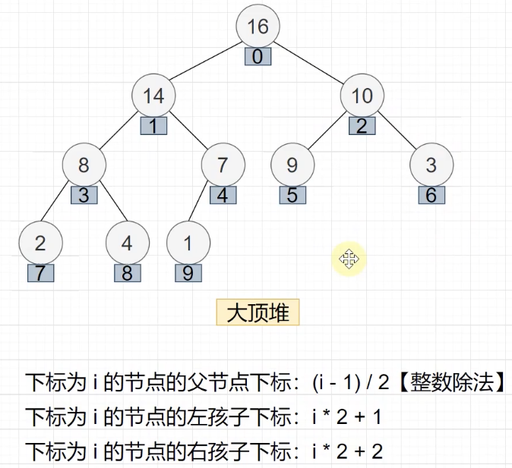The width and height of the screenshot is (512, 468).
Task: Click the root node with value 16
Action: [x=258, y=27]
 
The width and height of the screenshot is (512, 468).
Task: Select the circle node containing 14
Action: [x=153, y=96]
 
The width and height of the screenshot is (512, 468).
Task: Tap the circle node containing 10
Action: [x=362, y=96]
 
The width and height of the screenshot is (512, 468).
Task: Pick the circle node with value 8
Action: [x=84, y=165]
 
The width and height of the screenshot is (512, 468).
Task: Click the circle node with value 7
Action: [x=223, y=165]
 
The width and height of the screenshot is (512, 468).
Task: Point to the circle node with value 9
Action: [x=292, y=165]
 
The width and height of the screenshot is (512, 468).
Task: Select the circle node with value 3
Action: [x=431, y=165]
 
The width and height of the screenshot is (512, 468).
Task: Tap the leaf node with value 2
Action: [x=40, y=243]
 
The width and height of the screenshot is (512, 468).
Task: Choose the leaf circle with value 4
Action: [x=127, y=243]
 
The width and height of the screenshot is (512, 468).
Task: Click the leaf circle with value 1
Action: [x=188, y=243]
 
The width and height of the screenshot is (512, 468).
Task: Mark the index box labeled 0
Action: [x=258, y=57]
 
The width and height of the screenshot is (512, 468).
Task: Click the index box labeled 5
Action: [x=292, y=195]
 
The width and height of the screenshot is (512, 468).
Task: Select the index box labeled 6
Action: [x=431, y=195]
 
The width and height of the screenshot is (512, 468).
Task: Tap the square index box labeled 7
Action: [x=40, y=273]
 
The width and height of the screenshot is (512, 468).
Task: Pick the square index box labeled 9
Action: [x=188, y=273]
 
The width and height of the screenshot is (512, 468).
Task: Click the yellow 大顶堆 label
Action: [x=258, y=313]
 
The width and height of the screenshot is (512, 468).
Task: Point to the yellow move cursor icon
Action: [x=349, y=260]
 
